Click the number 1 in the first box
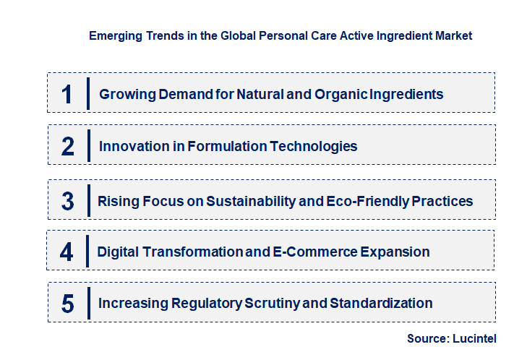pyautogui.click(x=67, y=94)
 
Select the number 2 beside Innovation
pyautogui.click(x=68, y=147)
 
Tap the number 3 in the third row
pyautogui.click(x=68, y=201)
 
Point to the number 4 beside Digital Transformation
pyautogui.click(x=67, y=252)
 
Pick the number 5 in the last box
pyautogui.click(x=68, y=304)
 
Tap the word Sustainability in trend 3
pyautogui.click(x=252, y=200)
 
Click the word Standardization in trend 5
pyautogui.click(x=381, y=303)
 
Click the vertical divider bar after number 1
pyautogui.click(x=87, y=93)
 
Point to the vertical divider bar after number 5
pyautogui.click(x=87, y=302)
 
